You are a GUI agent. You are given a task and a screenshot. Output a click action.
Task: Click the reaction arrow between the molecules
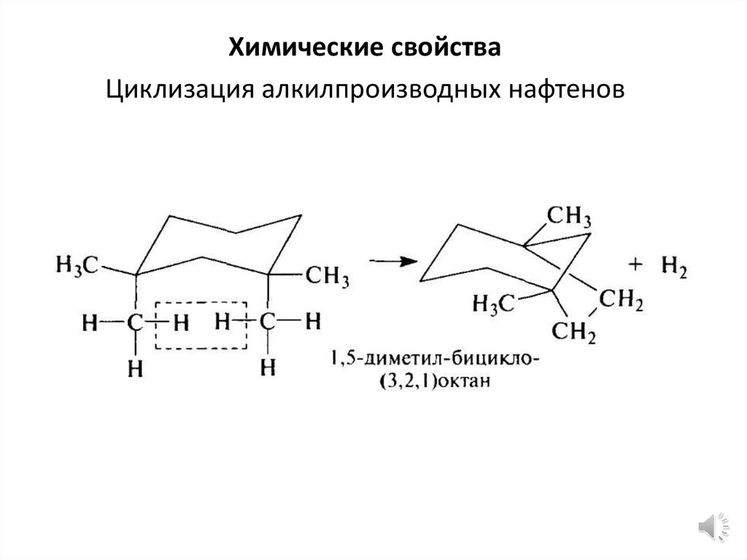coord(391,261)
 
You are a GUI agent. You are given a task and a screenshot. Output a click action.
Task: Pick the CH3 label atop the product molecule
coord(569,217)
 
